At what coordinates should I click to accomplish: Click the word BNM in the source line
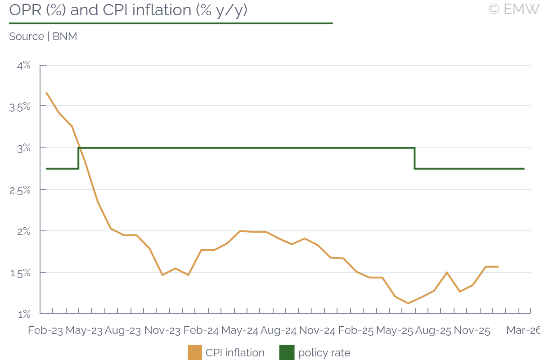[x=65, y=36]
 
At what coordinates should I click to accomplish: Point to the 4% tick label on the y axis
[x=24, y=65]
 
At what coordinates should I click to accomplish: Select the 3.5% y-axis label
[x=20, y=107]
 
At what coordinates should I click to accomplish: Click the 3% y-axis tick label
[x=24, y=148]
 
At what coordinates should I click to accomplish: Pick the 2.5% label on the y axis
[x=20, y=189]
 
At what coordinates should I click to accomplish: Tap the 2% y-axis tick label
[x=24, y=231]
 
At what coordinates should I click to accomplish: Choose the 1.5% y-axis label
[x=20, y=273]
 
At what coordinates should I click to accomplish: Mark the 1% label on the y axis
[x=24, y=314]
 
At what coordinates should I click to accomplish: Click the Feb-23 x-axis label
[x=45, y=330]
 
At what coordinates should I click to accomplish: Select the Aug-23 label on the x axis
[x=123, y=330]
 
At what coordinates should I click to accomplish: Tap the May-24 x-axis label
[x=240, y=330]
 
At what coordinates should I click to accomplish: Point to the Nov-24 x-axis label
[x=317, y=330]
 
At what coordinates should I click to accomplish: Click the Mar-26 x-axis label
[x=523, y=330]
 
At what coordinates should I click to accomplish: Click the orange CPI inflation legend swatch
[x=195, y=352]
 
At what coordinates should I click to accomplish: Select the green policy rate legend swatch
[x=287, y=352]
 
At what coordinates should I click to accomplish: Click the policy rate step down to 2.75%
[x=414, y=158]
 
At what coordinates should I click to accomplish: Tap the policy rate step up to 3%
[x=79, y=158]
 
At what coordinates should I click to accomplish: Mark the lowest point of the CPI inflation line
[x=408, y=303]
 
